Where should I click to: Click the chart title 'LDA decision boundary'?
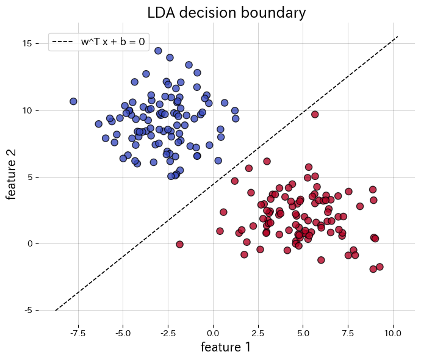(226, 12)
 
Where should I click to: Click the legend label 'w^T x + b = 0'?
(113, 42)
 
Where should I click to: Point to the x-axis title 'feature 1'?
(226, 347)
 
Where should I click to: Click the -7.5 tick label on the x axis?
(78, 333)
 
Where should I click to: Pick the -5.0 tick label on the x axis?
(123, 333)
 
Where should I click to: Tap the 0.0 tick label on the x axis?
(213, 333)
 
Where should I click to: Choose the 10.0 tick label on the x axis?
(393, 333)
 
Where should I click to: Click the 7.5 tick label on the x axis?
(348, 333)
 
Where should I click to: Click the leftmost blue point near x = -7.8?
(73, 101)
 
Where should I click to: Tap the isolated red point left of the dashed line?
(179, 244)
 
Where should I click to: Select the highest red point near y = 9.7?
(315, 114)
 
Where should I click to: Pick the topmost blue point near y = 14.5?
(158, 51)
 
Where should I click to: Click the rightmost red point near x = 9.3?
(380, 267)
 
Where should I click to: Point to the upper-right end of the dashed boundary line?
(398, 36)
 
